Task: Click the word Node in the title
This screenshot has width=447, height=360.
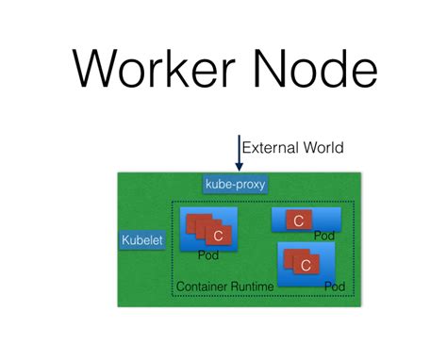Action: [315, 69]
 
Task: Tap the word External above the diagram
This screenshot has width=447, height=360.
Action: [268, 147]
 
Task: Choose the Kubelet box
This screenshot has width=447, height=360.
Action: [142, 240]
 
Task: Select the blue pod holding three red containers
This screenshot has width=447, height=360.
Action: [208, 227]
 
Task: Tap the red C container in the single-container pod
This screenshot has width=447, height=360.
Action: [297, 221]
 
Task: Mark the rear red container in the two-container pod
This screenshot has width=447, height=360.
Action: [293, 256]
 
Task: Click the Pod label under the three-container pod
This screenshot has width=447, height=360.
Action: [208, 255]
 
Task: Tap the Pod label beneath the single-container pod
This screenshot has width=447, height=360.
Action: [323, 236]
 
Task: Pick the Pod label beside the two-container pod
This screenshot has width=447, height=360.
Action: [333, 285]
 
